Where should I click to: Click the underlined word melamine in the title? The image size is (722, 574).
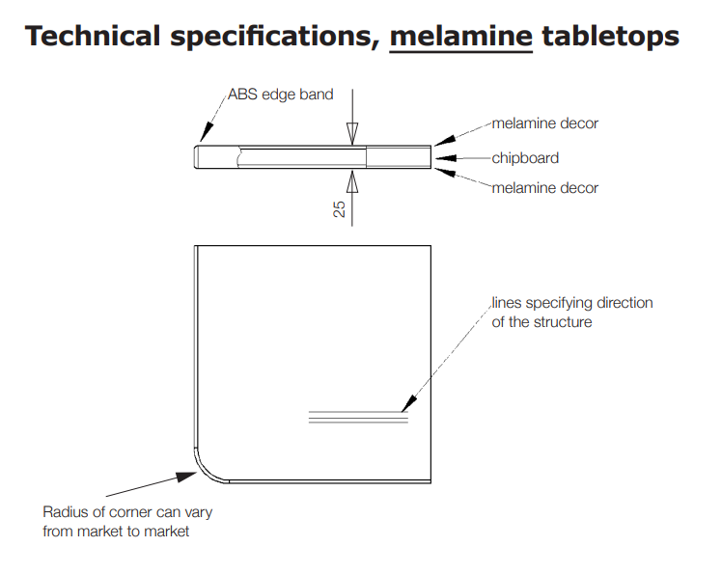click(461, 36)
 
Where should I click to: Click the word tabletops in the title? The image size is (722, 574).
click(611, 37)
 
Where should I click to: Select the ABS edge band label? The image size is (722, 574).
click(281, 95)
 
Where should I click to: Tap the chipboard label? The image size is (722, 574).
click(525, 158)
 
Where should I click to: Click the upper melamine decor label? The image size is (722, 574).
click(545, 123)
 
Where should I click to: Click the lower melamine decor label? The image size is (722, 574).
click(545, 188)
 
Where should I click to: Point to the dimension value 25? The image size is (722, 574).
click(339, 209)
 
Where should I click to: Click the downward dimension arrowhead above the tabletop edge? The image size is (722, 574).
click(352, 134)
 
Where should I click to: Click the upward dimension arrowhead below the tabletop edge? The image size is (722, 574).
click(352, 181)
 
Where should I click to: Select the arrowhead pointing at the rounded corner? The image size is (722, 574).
click(187, 476)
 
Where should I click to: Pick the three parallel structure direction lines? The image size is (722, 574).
click(358, 417)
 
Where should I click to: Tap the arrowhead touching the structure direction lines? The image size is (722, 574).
click(409, 404)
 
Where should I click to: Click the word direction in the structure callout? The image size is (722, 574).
click(625, 303)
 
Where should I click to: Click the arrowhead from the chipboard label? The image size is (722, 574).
click(446, 158)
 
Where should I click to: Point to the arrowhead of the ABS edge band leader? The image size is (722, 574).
click(207, 132)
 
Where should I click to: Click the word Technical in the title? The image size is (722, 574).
click(93, 36)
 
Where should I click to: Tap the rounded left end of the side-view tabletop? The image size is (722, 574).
click(196, 157)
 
